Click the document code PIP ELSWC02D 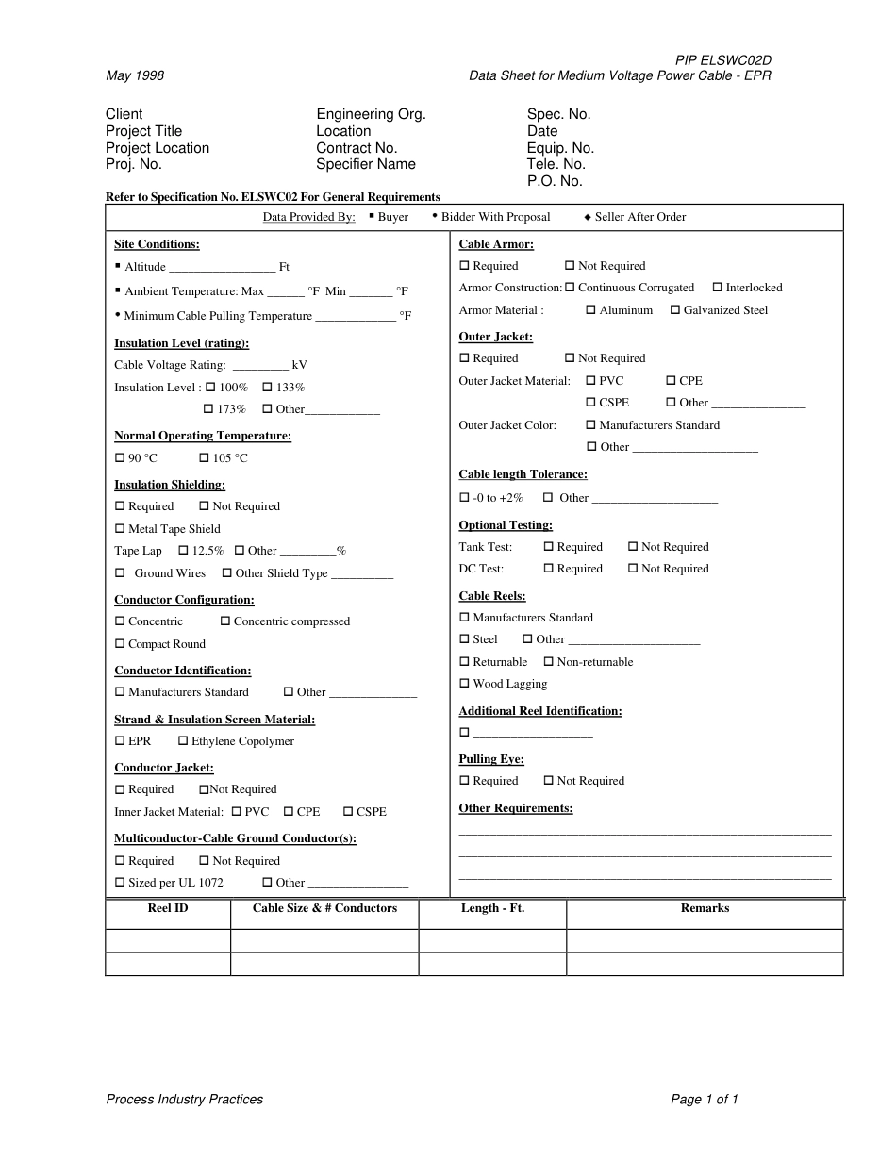(722, 60)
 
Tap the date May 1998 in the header (135, 75)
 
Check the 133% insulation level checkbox (267, 387)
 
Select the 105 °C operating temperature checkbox (204, 457)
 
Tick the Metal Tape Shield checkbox (120, 528)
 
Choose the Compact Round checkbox (120, 643)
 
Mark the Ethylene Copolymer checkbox (183, 740)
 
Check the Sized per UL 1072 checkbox (120, 882)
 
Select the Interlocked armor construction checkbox (718, 287)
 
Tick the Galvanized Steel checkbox (675, 309)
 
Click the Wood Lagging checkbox (464, 683)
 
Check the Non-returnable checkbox (549, 661)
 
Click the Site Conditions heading (157, 244)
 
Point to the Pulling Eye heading (491, 759)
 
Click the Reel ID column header (168, 908)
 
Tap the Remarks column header (705, 908)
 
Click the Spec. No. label (558, 114)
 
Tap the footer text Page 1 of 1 (704, 1099)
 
